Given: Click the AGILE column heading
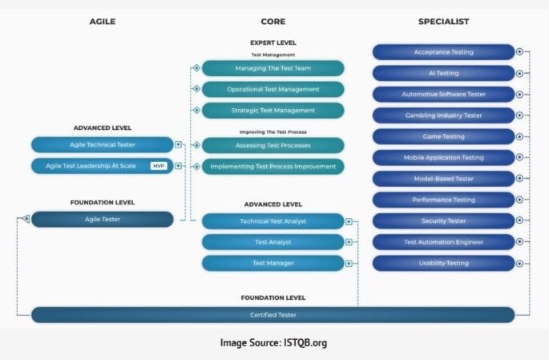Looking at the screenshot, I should click(103, 22).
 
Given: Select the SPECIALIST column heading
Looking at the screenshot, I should click(443, 22).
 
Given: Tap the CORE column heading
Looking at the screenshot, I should click(272, 22).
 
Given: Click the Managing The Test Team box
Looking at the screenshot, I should click(272, 68).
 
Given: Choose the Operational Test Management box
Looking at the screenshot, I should click(272, 89).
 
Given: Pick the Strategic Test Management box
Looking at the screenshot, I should click(272, 110).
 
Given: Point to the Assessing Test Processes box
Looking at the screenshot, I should click(272, 145).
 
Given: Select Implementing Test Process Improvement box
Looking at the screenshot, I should click(272, 167).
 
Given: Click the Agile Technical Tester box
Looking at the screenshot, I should click(102, 145).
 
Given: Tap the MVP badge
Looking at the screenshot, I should click(159, 166).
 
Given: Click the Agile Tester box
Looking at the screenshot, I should click(102, 219).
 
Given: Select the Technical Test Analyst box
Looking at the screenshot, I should click(272, 220).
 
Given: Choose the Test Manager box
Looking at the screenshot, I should click(272, 263).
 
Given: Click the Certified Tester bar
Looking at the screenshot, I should click(272, 315).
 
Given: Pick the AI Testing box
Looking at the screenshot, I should click(443, 73).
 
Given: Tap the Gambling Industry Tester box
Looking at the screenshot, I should click(443, 115).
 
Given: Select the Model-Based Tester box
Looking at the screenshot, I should click(443, 178).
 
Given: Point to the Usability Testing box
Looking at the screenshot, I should click(443, 263).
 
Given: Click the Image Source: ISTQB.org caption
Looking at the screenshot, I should click(273, 342).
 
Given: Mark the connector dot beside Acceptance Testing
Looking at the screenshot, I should click(520, 52).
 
